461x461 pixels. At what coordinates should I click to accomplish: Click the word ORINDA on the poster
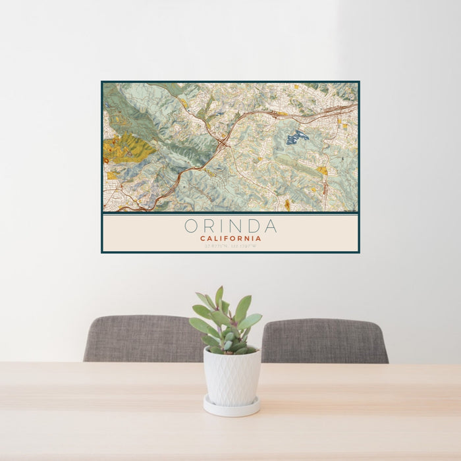coord(230,227)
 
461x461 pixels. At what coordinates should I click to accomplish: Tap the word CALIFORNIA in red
coord(230,238)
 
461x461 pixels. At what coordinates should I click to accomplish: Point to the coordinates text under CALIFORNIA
coord(230,245)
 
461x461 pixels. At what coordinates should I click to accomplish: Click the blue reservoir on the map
coord(296,137)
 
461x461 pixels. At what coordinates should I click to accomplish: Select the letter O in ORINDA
coord(190,227)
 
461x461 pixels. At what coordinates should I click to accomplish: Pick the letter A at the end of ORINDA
coord(271,227)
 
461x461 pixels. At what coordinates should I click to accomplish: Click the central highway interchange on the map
coord(225,140)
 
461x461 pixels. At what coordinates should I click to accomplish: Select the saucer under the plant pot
coord(231,407)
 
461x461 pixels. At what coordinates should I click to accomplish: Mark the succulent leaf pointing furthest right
coord(252,321)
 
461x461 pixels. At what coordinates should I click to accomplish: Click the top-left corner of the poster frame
coord(102,82)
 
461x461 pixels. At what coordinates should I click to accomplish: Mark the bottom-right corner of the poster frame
coord(359,252)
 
